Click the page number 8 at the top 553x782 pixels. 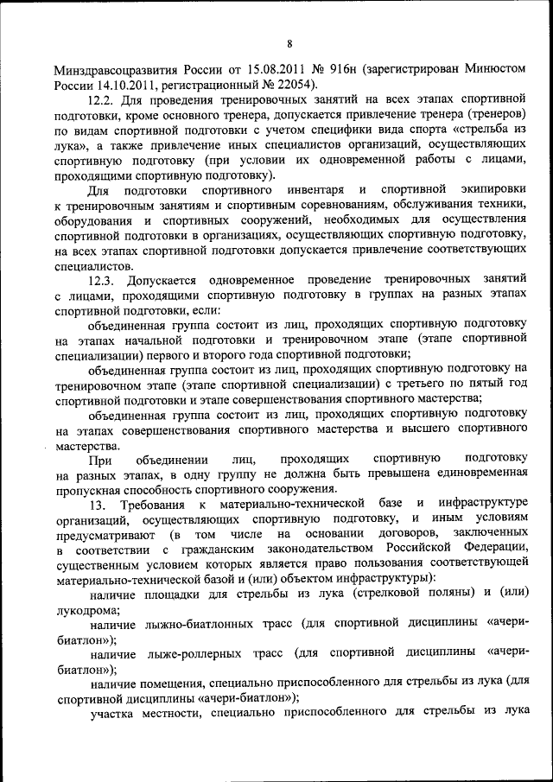(x=289, y=43)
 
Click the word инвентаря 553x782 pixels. (x=310, y=189)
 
